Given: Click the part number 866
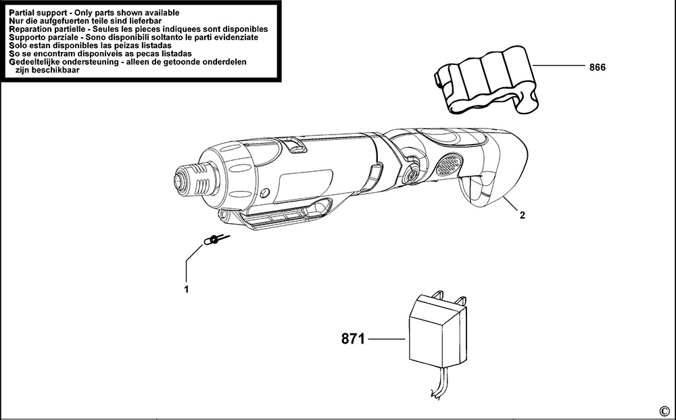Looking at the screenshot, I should coord(597,67).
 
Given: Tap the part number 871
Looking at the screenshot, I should coord(352,338).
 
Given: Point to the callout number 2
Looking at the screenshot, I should coord(522,216).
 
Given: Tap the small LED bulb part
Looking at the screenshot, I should coord(213,240).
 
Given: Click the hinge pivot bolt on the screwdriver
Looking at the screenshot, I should coord(410,173).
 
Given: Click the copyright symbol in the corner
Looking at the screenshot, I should coord(663,411).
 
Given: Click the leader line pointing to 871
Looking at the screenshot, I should coord(387,338).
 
